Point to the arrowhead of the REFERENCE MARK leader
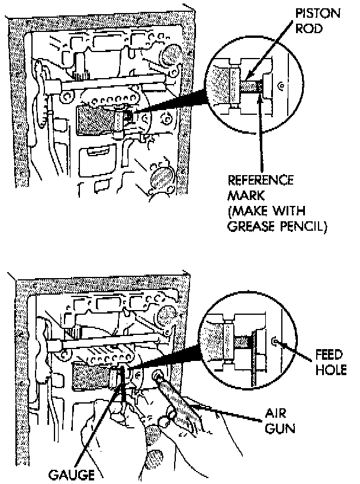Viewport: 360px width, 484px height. pos(259,98)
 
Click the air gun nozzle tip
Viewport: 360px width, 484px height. pos(159,376)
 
